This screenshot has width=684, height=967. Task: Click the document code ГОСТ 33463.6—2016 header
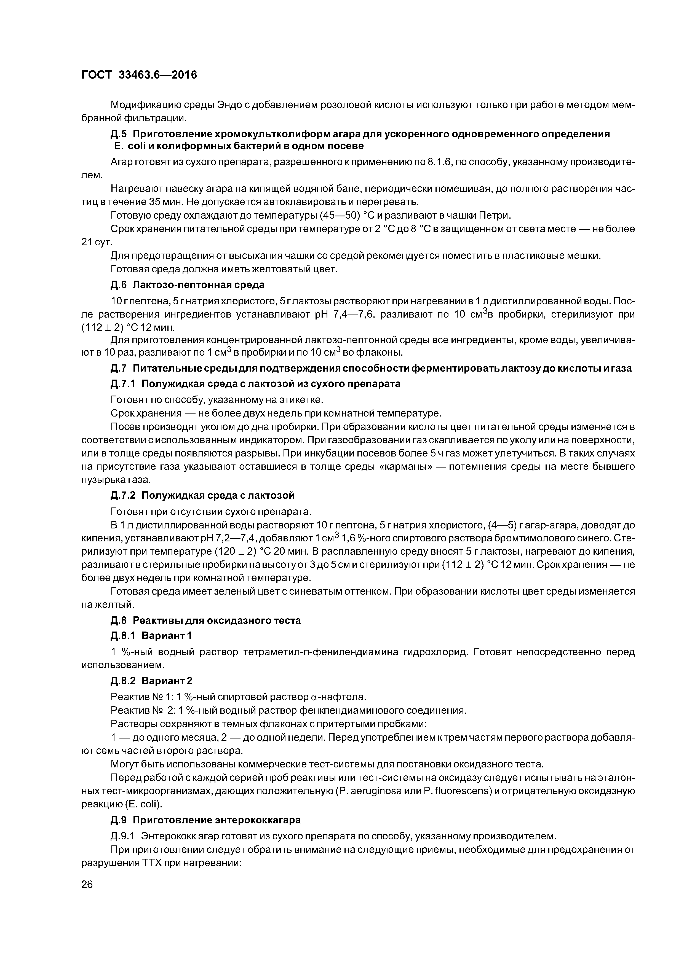tap(139, 75)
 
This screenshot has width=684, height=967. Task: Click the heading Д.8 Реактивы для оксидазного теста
tap(206, 621)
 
